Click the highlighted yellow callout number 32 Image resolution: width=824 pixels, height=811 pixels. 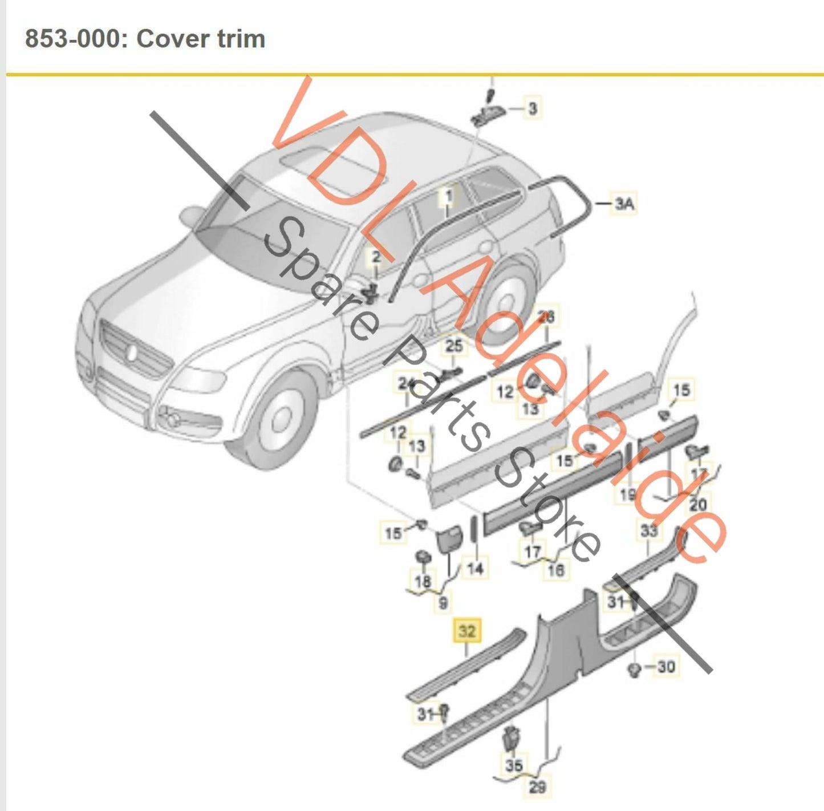(466, 631)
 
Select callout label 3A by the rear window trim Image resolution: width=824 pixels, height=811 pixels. (624, 203)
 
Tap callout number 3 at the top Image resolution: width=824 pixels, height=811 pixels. (532, 108)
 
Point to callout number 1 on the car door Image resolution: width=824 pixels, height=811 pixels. (448, 196)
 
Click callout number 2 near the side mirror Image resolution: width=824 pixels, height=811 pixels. (376, 257)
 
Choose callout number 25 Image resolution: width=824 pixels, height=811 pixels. (454, 346)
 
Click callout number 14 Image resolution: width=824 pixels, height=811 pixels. (474, 567)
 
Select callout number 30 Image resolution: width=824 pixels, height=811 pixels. (665, 666)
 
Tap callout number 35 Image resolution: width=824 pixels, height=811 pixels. (513, 764)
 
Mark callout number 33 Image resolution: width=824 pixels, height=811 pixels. (648, 531)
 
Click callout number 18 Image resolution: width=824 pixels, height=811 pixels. (423, 582)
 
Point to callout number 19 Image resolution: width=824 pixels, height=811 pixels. (628, 494)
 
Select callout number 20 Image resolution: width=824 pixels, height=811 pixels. (698, 504)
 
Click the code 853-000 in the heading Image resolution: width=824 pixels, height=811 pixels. (72, 39)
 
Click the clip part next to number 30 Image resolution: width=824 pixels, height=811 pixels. (634, 669)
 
